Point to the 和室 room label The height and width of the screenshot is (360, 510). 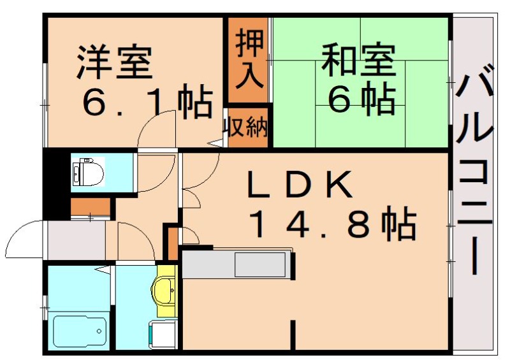click(358, 61)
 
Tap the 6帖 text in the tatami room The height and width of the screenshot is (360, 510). click(361, 99)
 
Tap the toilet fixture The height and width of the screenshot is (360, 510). click(83, 171)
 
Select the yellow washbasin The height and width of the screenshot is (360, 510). click(164, 291)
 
